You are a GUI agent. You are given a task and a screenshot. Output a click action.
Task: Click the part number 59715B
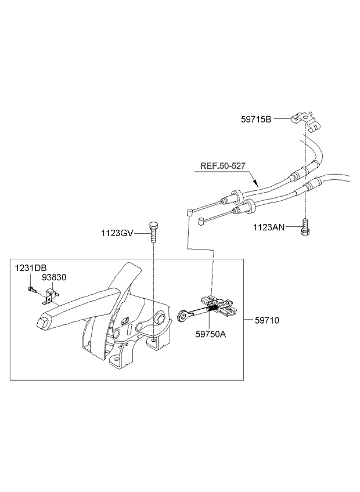click(x=256, y=120)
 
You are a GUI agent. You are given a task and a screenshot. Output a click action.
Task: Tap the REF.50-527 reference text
click(x=223, y=166)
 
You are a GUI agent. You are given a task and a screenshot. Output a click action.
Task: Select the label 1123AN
click(x=269, y=227)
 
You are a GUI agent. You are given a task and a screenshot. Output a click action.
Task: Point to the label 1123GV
click(x=117, y=233)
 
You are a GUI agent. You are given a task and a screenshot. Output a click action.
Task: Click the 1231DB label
click(x=31, y=268)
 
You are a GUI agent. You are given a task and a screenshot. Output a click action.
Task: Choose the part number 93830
click(x=55, y=277)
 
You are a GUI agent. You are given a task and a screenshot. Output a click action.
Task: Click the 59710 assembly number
click(x=267, y=320)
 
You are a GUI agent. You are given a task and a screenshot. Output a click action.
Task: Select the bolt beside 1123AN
click(x=304, y=226)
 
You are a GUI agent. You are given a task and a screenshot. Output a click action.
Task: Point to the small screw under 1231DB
click(x=31, y=290)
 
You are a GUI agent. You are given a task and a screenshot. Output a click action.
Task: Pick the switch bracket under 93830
click(x=49, y=296)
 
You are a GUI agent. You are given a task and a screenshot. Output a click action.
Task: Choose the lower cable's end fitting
click(x=201, y=222)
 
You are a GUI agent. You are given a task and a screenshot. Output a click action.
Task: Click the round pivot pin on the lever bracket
click(x=160, y=317)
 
